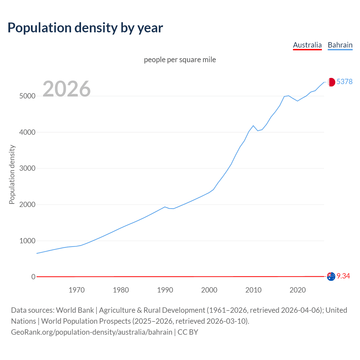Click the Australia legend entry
(307, 45)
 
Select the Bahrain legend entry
(340, 45)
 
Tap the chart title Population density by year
(85, 28)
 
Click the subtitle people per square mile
(180, 60)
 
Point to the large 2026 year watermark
(67, 89)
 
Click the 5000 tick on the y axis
(27, 96)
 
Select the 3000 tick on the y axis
(27, 168)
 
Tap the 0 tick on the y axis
(33, 277)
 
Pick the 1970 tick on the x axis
(76, 290)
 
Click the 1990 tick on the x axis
(165, 290)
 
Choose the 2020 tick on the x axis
(298, 290)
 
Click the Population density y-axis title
(12, 174)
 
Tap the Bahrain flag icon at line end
(331, 82)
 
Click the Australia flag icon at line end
(331, 276)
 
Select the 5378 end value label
(345, 82)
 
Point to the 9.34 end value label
(343, 276)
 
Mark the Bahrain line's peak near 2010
(253, 126)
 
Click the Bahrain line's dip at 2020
(298, 101)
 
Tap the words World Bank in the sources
(75, 310)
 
